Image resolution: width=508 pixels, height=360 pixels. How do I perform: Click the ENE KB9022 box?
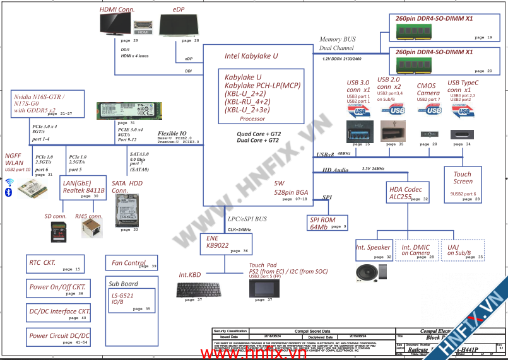pyautogui.click(x=228, y=245)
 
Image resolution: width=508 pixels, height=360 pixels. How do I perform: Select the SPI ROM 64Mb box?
pyautogui.click(x=327, y=223)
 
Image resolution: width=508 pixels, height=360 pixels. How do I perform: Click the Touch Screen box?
pyautogui.click(x=463, y=182)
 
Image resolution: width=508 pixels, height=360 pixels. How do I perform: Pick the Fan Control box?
pyautogui.click(x=131, y=263)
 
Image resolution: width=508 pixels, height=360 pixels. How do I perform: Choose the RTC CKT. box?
pyautogui.click(x=55, y=264)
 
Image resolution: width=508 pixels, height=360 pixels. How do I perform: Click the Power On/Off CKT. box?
pyautogui.click(x=57, y=289)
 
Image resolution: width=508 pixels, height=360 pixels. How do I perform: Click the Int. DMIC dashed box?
pyautogui.click(x=416, y=250)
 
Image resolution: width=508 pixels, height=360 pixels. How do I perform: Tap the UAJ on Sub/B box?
pyautogui.click(x=463, y=250)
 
